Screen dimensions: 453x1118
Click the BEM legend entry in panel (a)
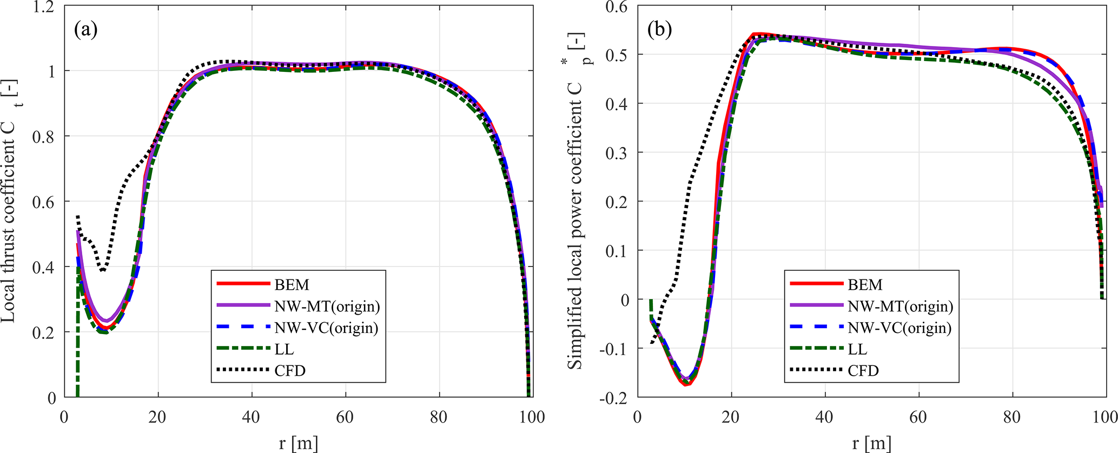pyautogui.click(x=292, y=284)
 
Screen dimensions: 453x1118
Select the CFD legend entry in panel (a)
pyautogui.click(x=290, y=370)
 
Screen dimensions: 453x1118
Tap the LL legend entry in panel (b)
pyautogui.click(x=857, y=349)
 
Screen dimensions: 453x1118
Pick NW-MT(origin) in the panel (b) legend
pyautogui.click(x=900, y=306)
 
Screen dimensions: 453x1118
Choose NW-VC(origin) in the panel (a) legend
pyautogui.click(x=326, y=328)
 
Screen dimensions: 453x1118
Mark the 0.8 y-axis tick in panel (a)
pyautogui.click(x=44, y=136)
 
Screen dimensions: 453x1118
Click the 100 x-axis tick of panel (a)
pyautogui.click(x=532, y=417)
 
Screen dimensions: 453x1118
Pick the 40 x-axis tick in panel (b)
pyautogui.click(x=825, y=417)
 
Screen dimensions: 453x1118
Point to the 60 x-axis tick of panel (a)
pyautogui.click(x=345, y=417)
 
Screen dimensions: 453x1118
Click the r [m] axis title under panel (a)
pyautogui.click(x=299, y=443)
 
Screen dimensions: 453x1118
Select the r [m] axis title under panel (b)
pyautogui.click(x=872, y=443)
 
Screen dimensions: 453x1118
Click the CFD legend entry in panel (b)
pyautogui.click(x=863, y=370)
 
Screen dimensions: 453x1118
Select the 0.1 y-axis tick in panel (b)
pyautogui.click(x=617, y=250)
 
